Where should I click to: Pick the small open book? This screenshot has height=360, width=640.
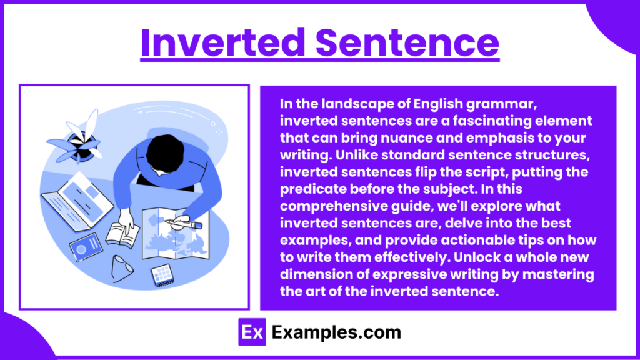coord(121,233)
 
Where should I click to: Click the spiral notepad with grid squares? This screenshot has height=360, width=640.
coord(162,275)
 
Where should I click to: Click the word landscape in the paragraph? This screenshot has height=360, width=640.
coord(349,105)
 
